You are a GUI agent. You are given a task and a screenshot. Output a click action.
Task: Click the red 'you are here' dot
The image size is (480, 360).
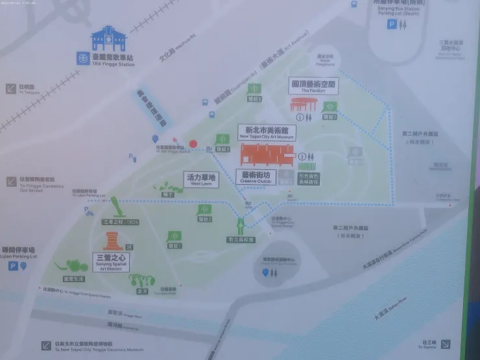[x=193, y=143]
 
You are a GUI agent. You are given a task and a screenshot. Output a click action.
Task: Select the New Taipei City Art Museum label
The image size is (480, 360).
[x=267, y=133]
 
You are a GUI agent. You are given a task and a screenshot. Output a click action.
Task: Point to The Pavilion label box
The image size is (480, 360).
[x=313, y=86]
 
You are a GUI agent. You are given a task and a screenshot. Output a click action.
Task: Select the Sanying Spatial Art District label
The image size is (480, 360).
[x=112, y=261]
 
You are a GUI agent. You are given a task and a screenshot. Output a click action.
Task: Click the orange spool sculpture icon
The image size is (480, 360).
[x=112, y=241]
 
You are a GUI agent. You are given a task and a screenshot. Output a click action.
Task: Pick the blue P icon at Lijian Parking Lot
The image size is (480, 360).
[x=12, y=266]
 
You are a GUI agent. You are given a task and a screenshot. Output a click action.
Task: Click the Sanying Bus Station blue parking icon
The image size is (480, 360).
[x=392, y=24]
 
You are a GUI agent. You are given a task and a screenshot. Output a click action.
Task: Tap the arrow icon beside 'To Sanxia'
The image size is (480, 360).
[x=445, y=344]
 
